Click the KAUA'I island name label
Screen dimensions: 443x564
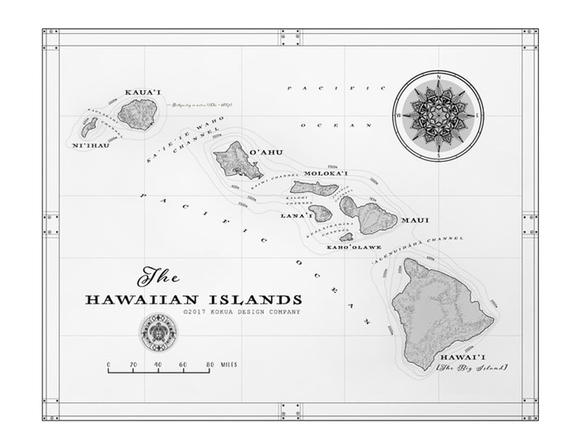coord(143,93)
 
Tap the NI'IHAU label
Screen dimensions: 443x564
coord(91,145)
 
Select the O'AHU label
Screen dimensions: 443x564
coord(266,153)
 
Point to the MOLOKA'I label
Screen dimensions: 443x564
coord(326,173)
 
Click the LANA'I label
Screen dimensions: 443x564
coord(297,216)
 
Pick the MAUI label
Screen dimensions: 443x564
coord(415,220)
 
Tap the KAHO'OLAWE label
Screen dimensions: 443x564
coord(354,247)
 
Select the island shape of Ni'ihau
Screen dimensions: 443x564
coord(89,126)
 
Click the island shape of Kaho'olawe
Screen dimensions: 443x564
coord(347,237)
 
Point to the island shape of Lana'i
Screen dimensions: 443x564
coord(321,212)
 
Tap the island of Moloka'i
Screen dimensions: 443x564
coord(314,188)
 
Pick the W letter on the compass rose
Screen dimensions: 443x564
coord(399,116)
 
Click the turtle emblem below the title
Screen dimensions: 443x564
coord(158,332)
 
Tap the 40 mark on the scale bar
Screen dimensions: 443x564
coord(158,365)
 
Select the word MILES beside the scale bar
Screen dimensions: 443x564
coord(228,365)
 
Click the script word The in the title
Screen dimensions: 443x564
coord(158,276)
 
